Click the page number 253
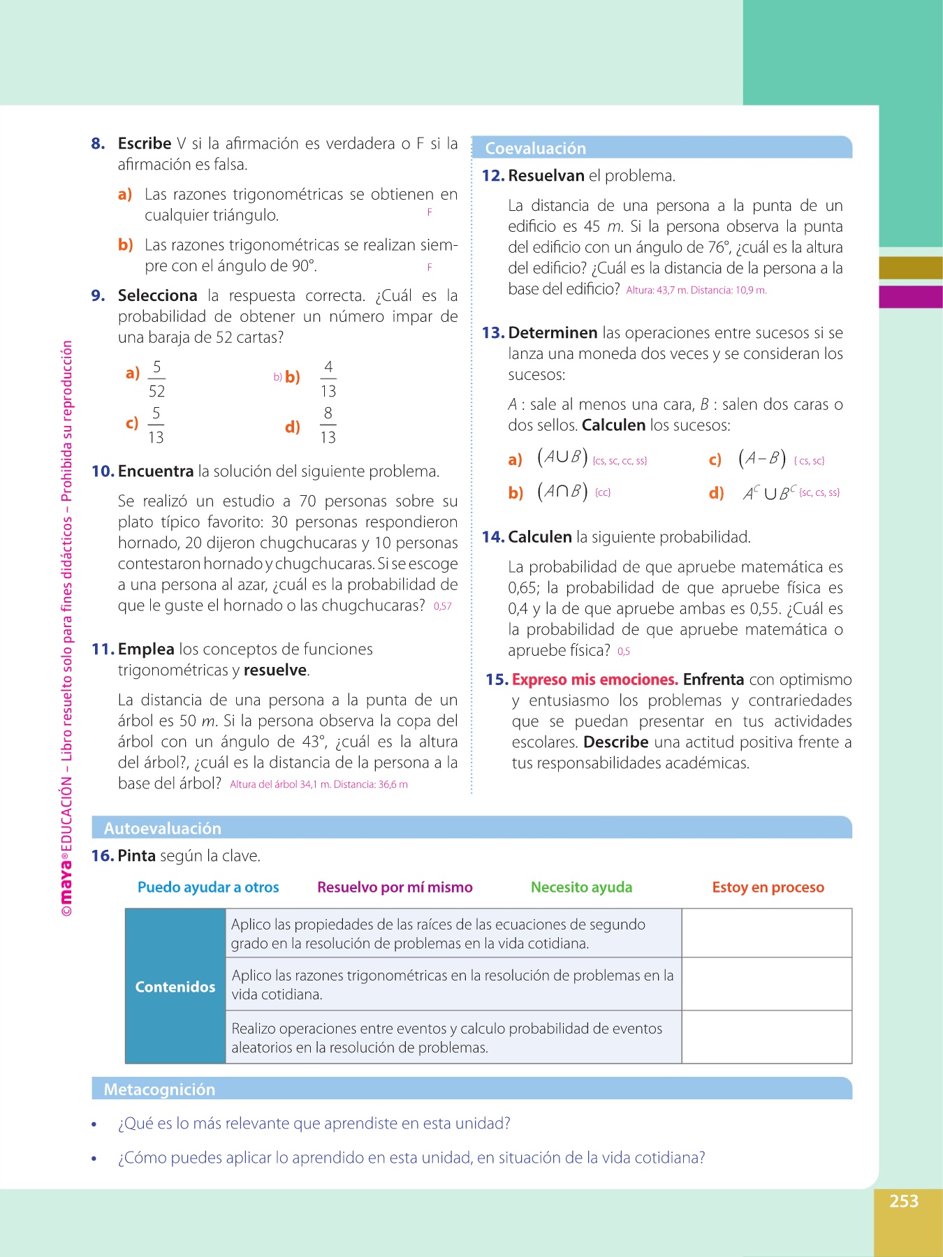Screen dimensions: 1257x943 click(x=903, y=1201)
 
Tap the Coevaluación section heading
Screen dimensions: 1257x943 click(x=536, y=148)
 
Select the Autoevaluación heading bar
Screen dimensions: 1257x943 click(x=163, y=828)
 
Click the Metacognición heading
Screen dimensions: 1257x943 click(x=159, y=1089)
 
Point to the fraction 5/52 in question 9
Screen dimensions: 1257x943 click(x=156, y=378)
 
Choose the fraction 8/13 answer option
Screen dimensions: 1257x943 click(x=328, y=425)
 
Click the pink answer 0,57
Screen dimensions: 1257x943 click(x=443, y=606)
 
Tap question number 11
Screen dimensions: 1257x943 click(x=103, y=649)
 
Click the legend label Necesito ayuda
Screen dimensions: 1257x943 click(x=581, y=887)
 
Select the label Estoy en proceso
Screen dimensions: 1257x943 click(x=768, y=887)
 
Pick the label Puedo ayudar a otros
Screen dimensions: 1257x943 click(x=208, y=887)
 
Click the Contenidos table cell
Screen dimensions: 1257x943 click(x=175, y=986)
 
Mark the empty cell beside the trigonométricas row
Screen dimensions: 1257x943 click(x=766, y=984)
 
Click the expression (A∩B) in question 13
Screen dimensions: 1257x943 click(x=562, y=492)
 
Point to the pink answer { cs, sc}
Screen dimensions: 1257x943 click(x=809, y=461)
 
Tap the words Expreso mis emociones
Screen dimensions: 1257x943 click(x=594, y=679)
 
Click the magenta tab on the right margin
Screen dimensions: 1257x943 click(x=910, y=297)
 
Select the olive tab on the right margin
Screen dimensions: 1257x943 click(x=910, y=268)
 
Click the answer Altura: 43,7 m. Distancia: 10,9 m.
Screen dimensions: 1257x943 click(x=696, y=291)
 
